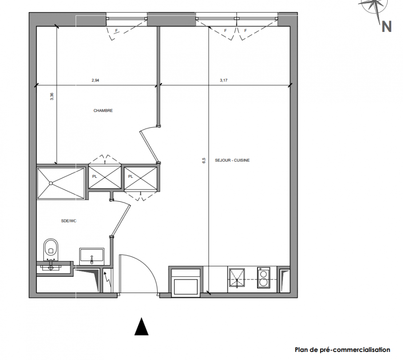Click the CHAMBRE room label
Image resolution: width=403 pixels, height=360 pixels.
click(x=103, y=111)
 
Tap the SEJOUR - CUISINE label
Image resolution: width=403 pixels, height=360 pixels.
click(x=232, y=160)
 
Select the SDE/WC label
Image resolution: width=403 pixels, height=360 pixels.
click(x=69, y=221)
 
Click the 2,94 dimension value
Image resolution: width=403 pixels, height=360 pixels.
click(x=95, y=80)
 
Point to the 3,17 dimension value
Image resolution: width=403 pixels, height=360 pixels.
click(x=224, y=80)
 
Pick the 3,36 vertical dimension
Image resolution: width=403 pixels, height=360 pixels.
click(x=52, y=96)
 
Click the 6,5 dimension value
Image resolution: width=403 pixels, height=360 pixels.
click(x=204, y=161)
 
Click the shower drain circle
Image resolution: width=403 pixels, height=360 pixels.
click(x=51, y=183)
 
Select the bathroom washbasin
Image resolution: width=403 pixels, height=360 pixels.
click(x=92, y=256)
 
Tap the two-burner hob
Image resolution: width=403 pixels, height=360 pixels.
click(x=263, y=278)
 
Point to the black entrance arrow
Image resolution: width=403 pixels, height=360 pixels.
click(x=141, y=326)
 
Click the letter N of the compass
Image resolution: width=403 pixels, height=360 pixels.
click(x=386, y=27)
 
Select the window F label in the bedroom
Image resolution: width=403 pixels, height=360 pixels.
click(x=116, y=31)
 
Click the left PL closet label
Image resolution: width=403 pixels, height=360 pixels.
click(x=95, y=176)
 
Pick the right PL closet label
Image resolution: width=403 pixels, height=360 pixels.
click(x=131, y=176)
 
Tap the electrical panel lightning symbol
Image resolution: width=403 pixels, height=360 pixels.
click(x=108, y=280)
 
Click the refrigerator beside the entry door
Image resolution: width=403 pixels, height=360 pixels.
click(x=186, y=282)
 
